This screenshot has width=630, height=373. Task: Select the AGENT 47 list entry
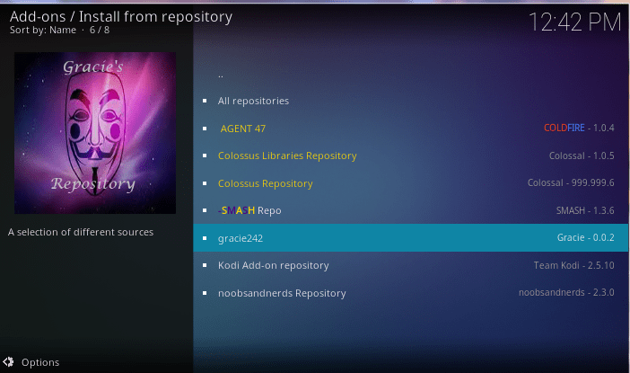click(x=242, y=129)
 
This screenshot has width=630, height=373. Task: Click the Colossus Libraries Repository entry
click(x=287, y=155)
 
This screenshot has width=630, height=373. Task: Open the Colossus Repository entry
click(x=265, y=183)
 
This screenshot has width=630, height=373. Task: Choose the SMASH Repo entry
click(x=249, y=210)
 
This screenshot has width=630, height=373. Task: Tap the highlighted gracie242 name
click(x=241, y=238)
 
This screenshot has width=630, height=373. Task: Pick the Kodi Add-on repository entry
click(x=273, y=265)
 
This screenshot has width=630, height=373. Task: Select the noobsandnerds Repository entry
click(x=282, y=293)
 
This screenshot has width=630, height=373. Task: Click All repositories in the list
click(x=253, y=101)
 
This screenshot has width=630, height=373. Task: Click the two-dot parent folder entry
click(x=221, y=75)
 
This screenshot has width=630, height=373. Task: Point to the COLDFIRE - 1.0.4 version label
click(x=579, y=128)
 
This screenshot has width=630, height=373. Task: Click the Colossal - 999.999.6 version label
click(x=571, y=182)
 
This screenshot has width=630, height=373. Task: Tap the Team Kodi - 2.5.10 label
click(x=573, y=265)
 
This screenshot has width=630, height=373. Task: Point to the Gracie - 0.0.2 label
click(x=585, y=237)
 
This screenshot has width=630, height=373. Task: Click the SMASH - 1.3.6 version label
click(x=585, y=210)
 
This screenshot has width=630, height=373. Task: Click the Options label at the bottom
click(x=40, y=362)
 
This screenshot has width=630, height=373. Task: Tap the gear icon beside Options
click(x=8, y=362)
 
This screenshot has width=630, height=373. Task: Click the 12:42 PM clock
click(x=574, y=22)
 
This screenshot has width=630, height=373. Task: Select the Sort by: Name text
click(x=43, y=31)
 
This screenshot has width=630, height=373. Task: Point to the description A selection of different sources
click(x=81, y=232)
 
